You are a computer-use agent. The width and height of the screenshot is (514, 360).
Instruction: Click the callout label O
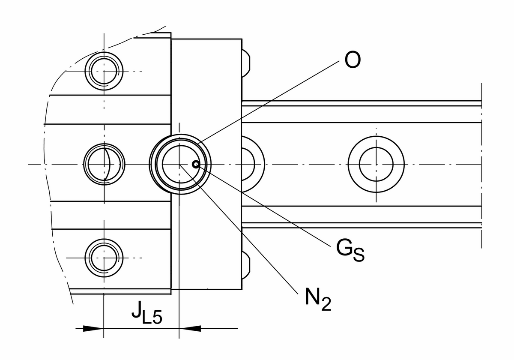click(x=353, y=61)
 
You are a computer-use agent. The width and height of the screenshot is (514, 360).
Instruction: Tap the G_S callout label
click(x=350, y=251)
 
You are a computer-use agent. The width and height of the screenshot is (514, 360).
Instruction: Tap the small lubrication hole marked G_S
click(x=196, y=164)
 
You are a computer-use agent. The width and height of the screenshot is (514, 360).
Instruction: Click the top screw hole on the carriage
click(x=104, y=71)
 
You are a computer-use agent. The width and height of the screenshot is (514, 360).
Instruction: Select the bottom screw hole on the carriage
click(x=104, y=258)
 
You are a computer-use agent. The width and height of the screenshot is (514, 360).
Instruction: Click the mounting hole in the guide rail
click(x=376, y=164)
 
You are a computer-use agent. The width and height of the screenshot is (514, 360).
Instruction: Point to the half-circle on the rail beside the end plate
click(x=253, y=164)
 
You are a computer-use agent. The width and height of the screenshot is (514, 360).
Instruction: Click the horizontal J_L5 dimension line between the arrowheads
click(x=141, y=329)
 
